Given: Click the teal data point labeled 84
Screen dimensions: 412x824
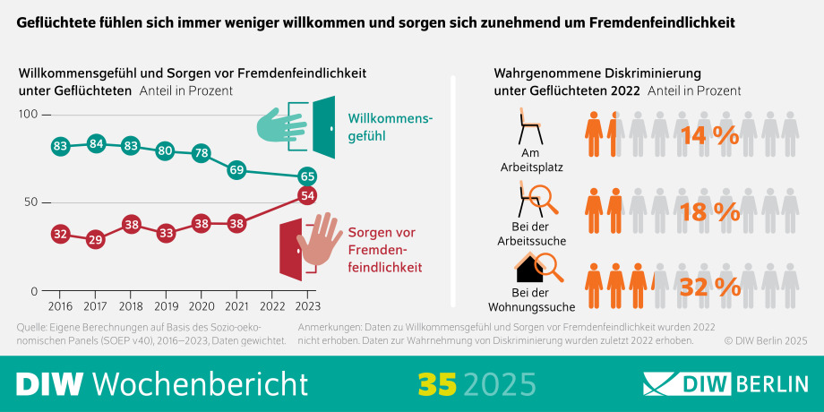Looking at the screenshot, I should [96, 144].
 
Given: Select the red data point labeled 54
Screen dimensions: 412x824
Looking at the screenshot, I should [307, 195].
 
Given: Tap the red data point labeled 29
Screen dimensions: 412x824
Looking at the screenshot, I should [96, 239].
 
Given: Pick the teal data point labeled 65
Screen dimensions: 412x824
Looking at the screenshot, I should [307, 176].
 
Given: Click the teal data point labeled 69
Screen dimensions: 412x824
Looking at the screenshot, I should [236, 169].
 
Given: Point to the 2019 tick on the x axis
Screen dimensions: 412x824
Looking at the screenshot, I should [166, 306].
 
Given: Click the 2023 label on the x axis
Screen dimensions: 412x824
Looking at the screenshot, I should [306, 306].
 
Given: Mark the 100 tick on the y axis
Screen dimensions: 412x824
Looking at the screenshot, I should [28, 115].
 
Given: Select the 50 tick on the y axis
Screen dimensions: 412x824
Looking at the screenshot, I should [30, 202].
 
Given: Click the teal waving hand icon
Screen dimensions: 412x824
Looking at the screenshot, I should [280, 126].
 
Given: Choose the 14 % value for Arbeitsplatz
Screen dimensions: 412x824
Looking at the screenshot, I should [709, 136].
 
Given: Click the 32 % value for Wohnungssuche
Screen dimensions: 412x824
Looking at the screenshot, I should [709, 287].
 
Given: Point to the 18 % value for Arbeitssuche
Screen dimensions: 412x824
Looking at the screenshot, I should [709, 211].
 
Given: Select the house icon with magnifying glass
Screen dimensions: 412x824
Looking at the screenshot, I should [536, 266].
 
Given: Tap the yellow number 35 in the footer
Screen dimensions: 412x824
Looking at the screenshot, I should [437, 382].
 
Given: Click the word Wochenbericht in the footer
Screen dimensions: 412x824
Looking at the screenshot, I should [201, 382].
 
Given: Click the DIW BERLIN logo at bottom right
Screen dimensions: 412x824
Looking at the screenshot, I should [725, 383].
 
